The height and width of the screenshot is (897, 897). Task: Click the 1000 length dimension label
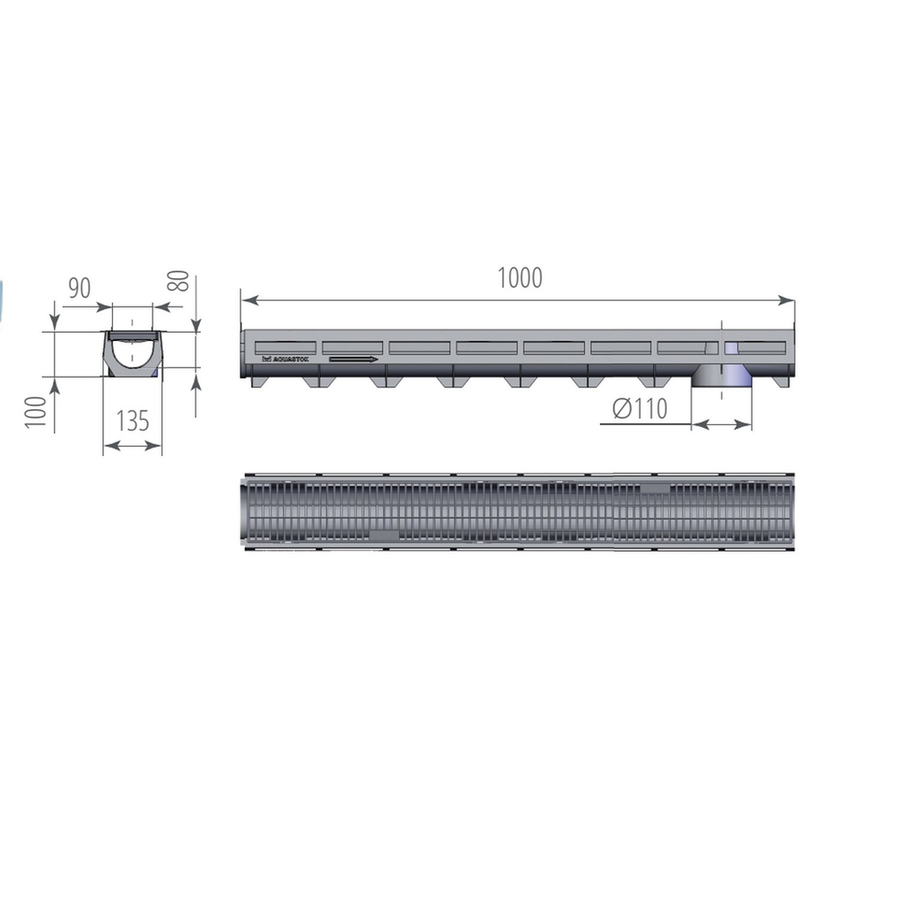point(520,278)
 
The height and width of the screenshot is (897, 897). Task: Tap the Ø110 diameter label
point(640,409)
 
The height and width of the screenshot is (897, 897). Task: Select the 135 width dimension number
point(133,420)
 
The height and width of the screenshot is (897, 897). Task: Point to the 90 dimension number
point(80,289)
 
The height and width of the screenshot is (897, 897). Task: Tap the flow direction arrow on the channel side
point(353,360)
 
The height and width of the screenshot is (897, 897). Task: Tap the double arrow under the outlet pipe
point(722,423)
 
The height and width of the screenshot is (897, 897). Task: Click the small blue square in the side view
point(731,348)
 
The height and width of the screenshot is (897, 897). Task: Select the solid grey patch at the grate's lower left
point(384,536)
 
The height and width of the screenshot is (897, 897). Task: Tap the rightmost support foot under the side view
point(776,381)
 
